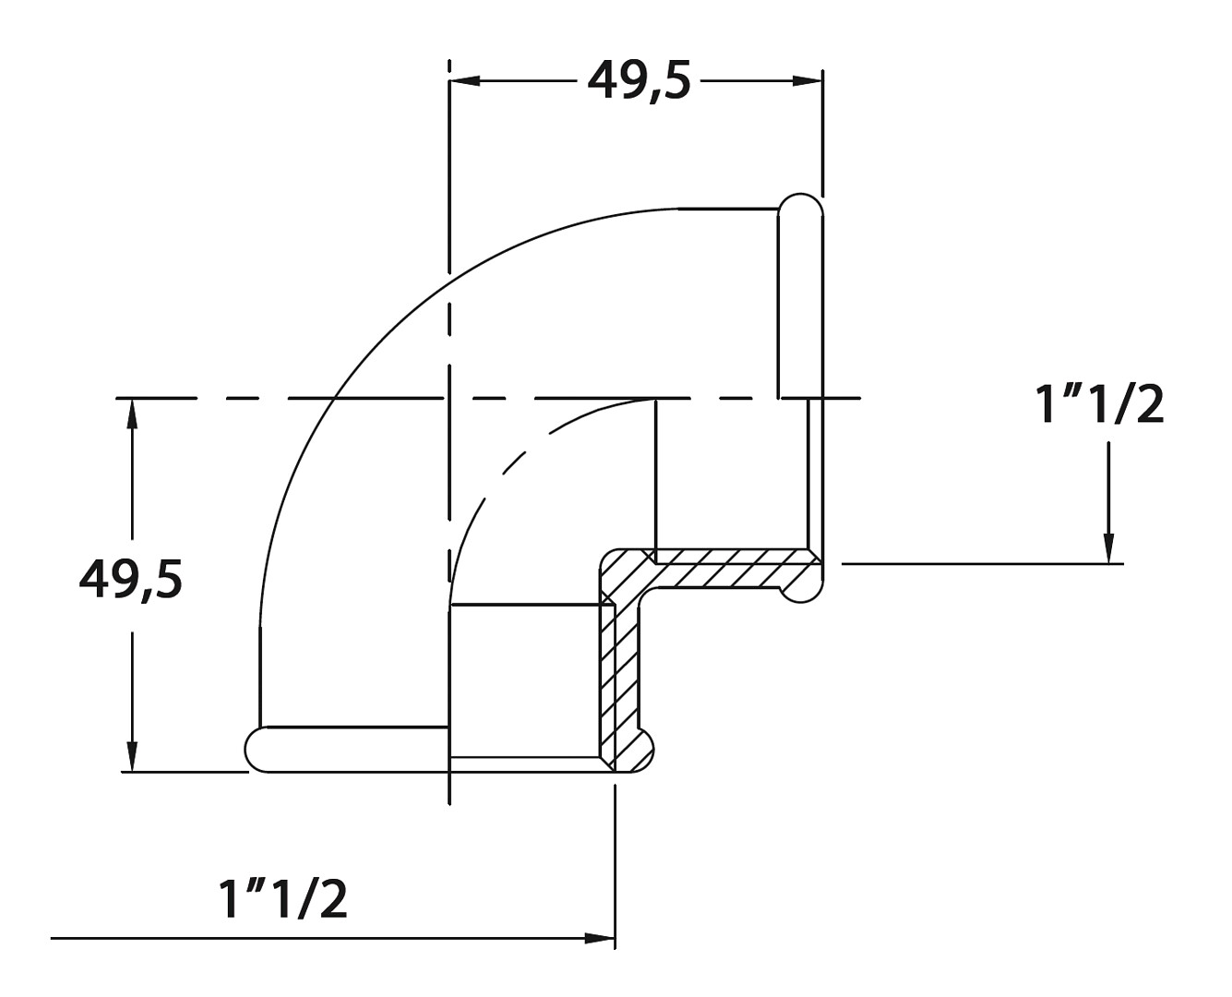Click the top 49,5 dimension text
point(639,81)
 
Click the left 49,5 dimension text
point(131,579)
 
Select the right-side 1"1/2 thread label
point(1099,404)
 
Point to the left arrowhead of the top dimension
point(465,81)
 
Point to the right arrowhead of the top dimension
point(807,81)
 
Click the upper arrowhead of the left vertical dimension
point(133,414)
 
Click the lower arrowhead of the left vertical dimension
point(133,755)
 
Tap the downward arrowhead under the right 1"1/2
point(1109,547)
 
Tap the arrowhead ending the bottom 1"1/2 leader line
point(599,939)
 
